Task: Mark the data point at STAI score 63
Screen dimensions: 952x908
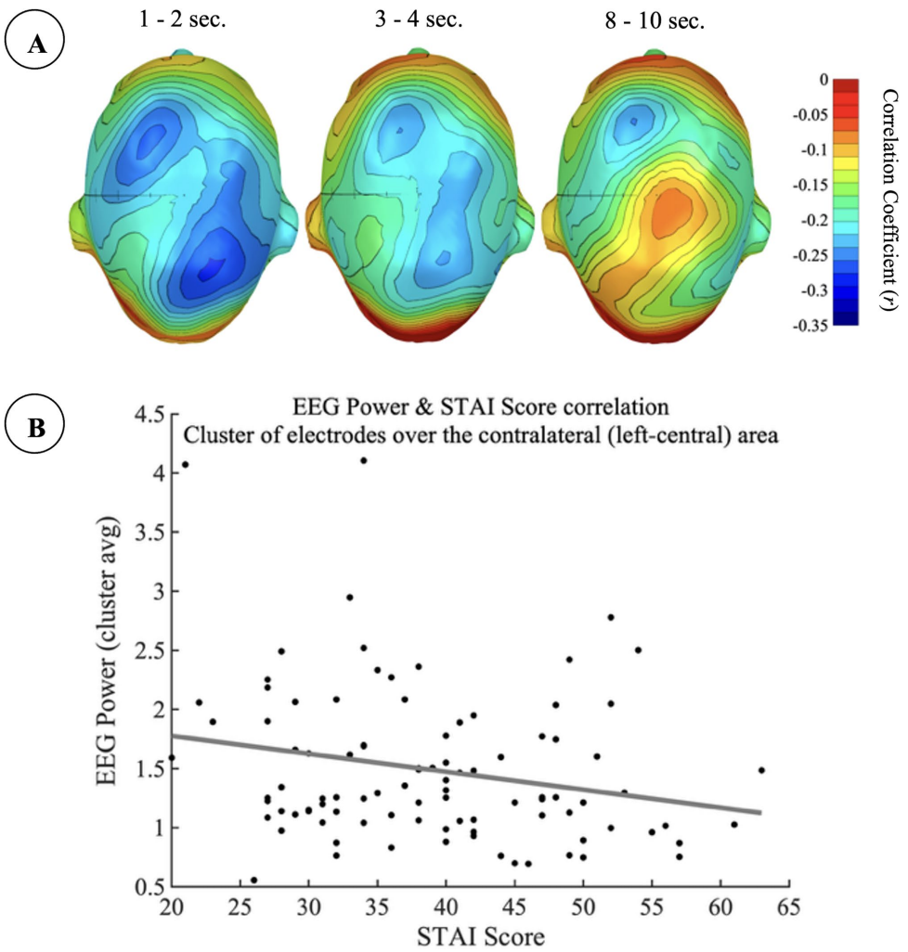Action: (761, 770)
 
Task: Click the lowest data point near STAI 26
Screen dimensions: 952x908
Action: (253, 880)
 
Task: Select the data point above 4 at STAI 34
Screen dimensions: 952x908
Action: (363, 460)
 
